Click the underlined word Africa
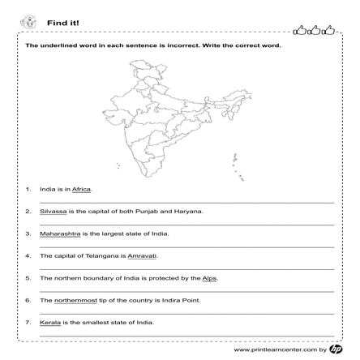(82, 189)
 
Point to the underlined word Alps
(209, 278)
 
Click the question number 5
(28, 278)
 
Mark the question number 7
(28, 322)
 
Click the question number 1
(28, 189)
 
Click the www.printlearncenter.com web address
(275, 350)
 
